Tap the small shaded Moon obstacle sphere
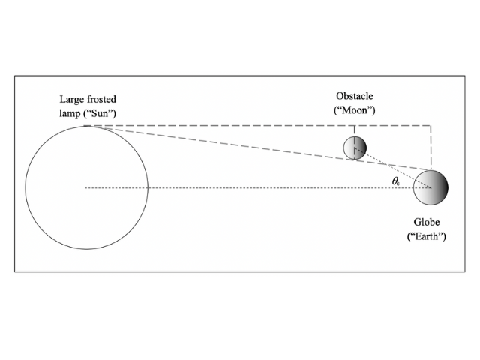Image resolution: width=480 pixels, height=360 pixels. point(355,148)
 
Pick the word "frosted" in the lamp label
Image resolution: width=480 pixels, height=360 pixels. point(102,99)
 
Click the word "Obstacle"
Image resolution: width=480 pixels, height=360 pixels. point(355,97)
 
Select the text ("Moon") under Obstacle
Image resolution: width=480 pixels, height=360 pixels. point(355,110)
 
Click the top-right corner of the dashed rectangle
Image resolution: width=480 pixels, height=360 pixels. point(430,125)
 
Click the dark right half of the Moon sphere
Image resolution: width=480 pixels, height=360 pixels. point(361,148)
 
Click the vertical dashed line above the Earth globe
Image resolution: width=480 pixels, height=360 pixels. point(430,147)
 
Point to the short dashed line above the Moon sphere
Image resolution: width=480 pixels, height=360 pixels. point(354,131)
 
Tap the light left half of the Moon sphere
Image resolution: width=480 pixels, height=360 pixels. point(349,148)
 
